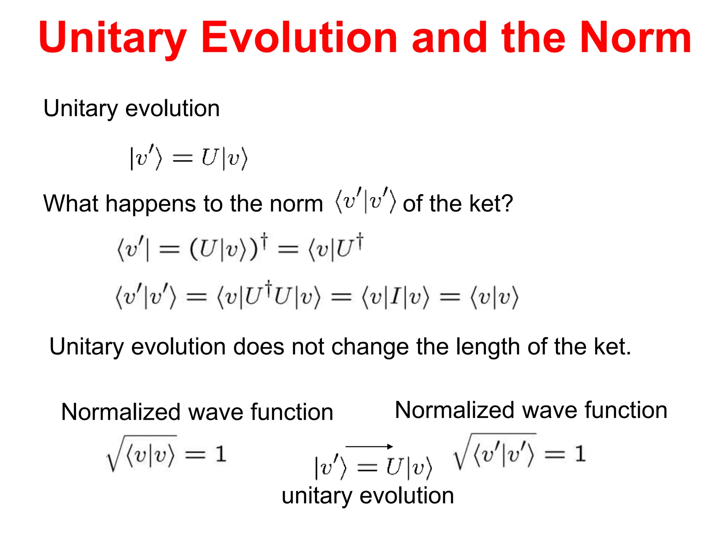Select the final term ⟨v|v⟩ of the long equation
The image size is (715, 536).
495,297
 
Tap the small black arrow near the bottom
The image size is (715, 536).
369,446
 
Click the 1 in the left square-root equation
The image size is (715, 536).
220,454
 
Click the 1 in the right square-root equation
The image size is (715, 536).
580,454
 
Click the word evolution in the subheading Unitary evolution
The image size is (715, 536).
172,109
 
